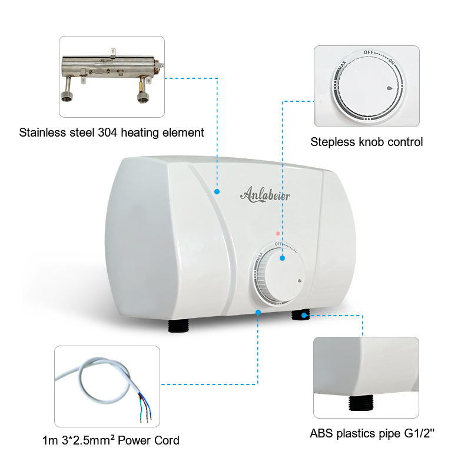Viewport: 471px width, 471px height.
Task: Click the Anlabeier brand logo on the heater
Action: click(265, 194)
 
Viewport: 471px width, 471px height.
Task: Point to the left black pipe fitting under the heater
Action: click(178, 325)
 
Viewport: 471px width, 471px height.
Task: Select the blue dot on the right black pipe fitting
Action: click(304, 316)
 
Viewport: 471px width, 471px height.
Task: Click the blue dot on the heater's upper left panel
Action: click(217, 191)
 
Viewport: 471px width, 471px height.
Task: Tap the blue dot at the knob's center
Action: click(282, 258)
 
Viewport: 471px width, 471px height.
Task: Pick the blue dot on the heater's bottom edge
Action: click(258, 312)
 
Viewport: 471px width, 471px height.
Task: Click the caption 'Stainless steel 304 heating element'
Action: click(112, 132)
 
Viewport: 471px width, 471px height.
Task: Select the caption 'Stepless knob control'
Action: click(367, 142)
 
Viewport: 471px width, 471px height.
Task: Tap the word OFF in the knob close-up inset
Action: click(369, 52)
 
